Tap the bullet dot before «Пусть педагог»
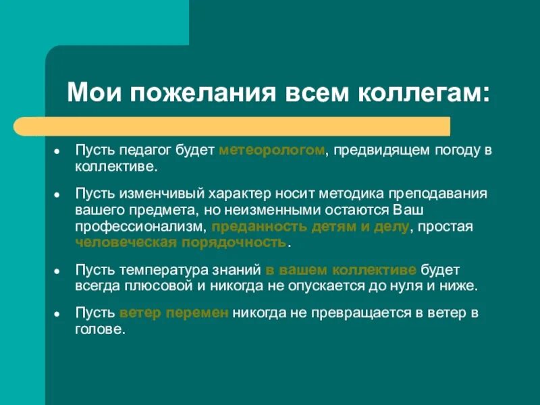pyautogui.click(x=58, y=151)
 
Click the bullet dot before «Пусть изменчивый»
pyautogui.click(x=58, y=194)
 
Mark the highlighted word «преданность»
pyautogui.click(x=250, y=227)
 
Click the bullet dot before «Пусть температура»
pyautogui.click(x=58, y=270)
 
